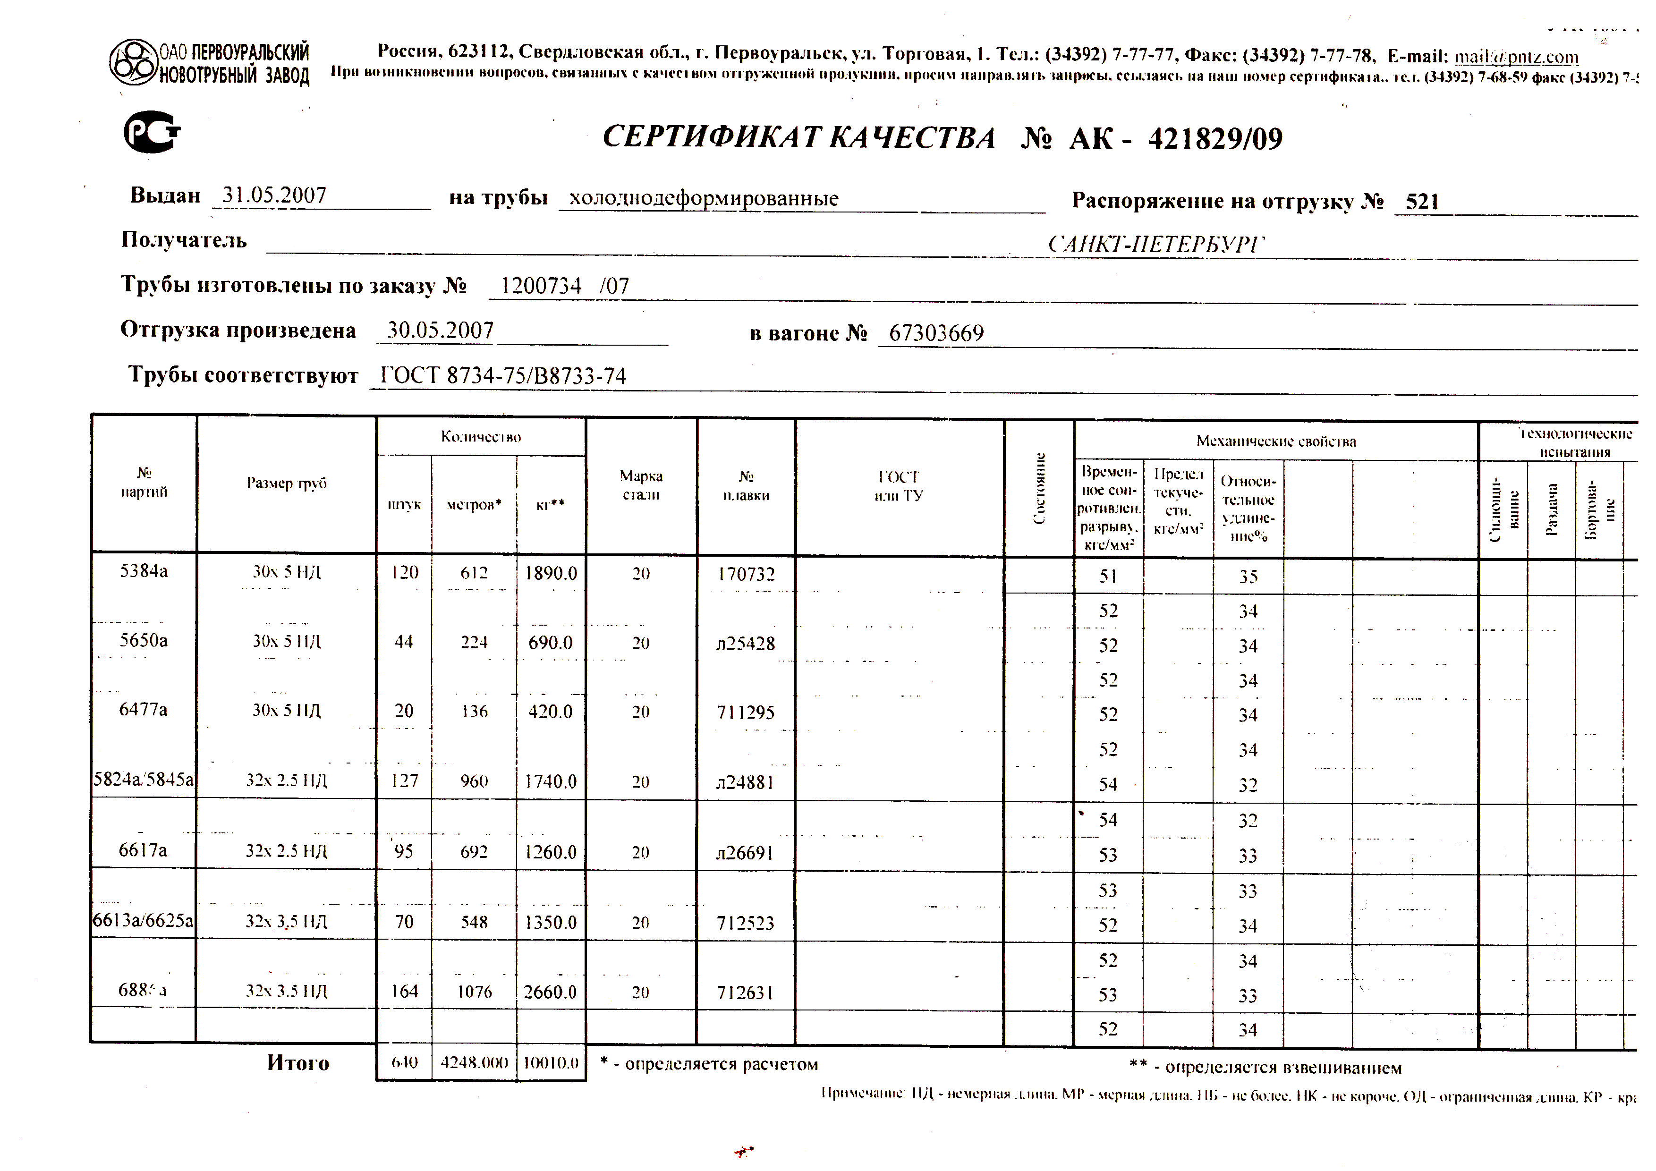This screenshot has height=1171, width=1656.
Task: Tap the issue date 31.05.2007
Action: [x=274, y=195]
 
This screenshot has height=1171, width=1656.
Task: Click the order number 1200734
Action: [x=541, y=286]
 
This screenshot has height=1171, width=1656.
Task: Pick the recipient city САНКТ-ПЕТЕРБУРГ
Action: [x=1155, y=245]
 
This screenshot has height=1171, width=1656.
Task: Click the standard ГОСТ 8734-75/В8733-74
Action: [x=503, y=376]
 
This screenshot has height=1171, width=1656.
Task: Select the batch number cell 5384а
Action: [x=144, y=571]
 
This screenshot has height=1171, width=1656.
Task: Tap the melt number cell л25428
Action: [x=745, y=643]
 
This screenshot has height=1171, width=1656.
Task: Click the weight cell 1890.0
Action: [x=550, y=573]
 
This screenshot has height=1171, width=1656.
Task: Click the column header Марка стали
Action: [x=640, y=485]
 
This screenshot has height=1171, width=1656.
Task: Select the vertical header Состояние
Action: [x=1039, y=488]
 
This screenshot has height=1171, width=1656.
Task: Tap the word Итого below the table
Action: [x=298, y=1063]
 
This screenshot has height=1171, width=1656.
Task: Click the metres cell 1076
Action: [x=474, y=992]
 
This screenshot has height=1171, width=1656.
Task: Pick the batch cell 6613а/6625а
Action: [x=144, y=921]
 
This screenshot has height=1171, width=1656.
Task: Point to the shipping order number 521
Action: [x=1422, y=202]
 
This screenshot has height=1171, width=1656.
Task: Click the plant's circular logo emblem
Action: [x=134, y=62]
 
